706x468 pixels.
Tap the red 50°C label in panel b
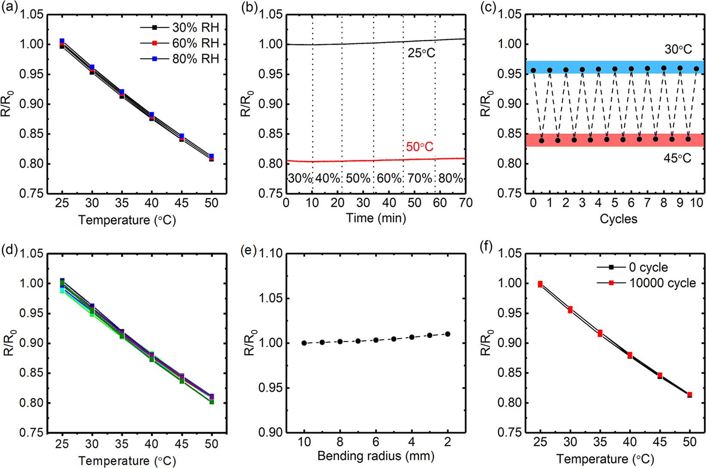pyautogui.click(x=420, y=147)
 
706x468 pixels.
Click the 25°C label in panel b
pyautogui.click(x=421, y=53)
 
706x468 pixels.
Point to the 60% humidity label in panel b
pyautogui.click(x=389, y=178)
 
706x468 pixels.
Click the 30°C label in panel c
pyautogui.click(x=678, y=49)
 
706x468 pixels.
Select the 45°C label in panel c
pyautogui.click(x=677, y=159)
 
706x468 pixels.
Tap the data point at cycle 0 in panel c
pyautogui.click(x=533, y=70)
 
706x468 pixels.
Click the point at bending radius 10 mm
pyautogui.click(x=304, y=343)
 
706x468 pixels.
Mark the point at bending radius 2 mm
pyautogui.click(x=448, y=334)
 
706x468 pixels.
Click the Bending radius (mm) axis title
pyautogui.click(x=376, y=456)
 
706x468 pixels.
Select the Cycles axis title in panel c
pyautogui.click(x=618, y=219)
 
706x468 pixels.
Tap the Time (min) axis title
pyautogui.click(x=376, y=218)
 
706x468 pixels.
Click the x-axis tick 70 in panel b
pyautogui.click(x=466, y=203)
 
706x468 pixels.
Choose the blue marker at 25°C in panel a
pyautogui.click(x=62, y=41)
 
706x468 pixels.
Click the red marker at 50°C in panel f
pyautogui.click(x=690, y=395)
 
